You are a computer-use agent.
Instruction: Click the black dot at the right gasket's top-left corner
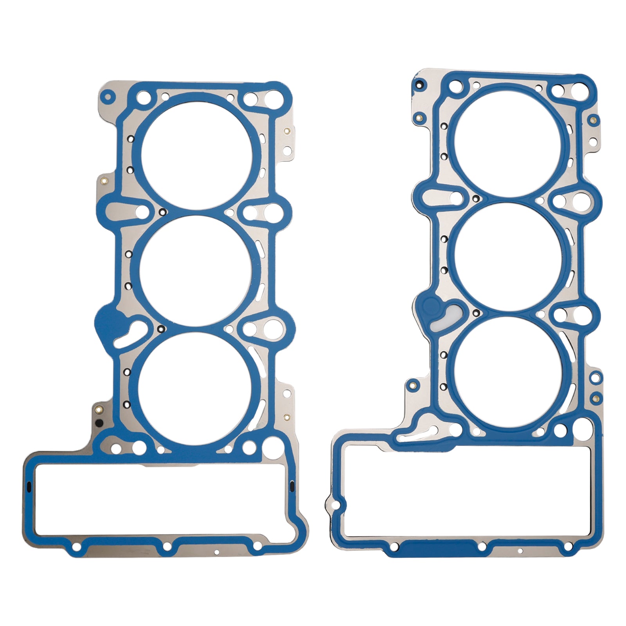point(419,85)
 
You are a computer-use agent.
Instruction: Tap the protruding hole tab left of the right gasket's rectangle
point(333,505)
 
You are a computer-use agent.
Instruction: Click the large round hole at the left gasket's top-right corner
point(279,96)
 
